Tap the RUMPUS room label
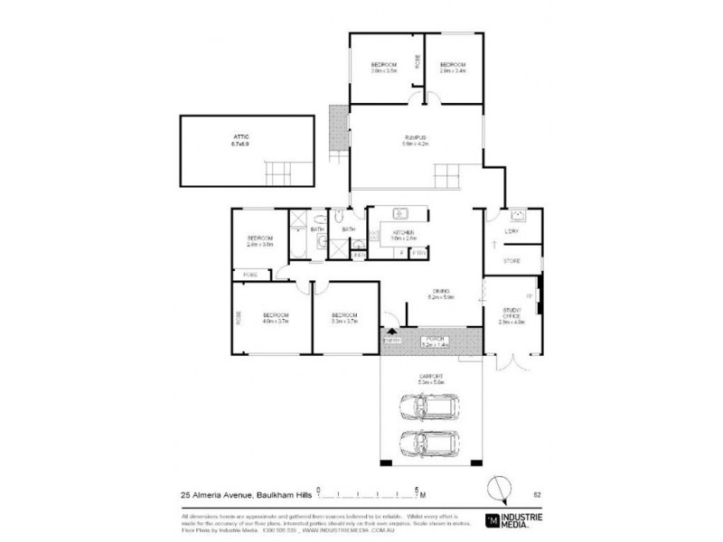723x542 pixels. tap(415, 137)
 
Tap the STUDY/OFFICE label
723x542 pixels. tap(512, 317)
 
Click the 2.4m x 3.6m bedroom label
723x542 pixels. tap(260, 240)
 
